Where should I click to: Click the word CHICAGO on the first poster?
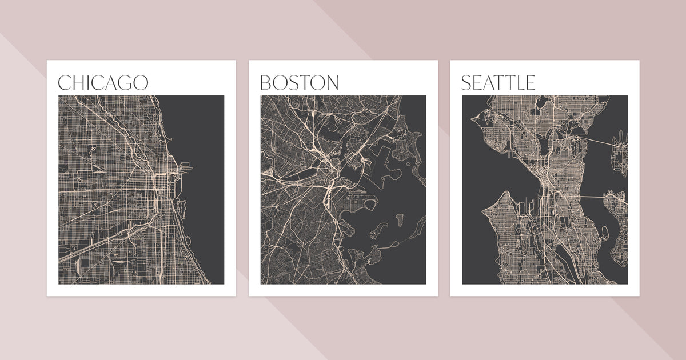103,82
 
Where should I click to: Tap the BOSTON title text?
299,82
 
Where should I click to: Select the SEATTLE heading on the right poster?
498,82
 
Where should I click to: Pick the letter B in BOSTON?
265,83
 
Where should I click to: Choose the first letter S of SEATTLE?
466,83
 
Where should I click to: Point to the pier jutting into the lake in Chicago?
187,168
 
